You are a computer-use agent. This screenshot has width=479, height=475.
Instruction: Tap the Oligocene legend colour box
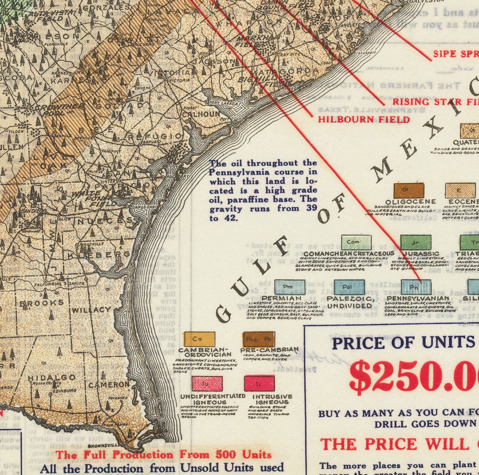click(x=409, y=191)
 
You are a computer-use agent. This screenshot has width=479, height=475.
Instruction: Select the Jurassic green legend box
click(x=416, y=242)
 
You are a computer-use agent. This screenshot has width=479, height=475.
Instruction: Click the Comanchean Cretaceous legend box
click(x=356, y=243)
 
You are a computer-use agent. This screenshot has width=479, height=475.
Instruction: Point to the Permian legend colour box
click(x=290, y=287)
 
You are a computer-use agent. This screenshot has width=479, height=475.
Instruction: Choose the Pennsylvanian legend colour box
click(x=416, y=287)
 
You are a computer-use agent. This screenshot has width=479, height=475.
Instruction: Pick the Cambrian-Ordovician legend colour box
click(x=199, y=339)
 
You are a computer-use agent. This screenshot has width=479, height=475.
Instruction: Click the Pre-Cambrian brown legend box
click(x=259, y=339)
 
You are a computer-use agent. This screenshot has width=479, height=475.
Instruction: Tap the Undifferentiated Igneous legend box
click(x=207, y=383)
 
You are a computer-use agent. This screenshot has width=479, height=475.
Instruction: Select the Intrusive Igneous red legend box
click(x=259, y=383)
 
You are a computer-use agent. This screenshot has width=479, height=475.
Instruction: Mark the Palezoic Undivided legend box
click(x=349, y=287)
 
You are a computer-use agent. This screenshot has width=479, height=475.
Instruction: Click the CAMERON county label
click(x=109, y=384)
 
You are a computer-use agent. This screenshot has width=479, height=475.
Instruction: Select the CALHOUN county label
click(x=202, y=114)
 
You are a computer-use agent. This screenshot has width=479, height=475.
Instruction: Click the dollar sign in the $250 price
click(x=360, y=376)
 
